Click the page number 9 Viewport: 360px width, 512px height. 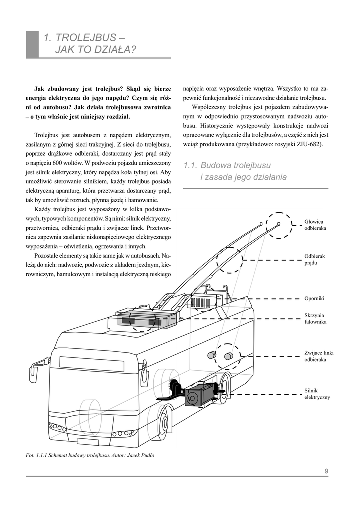coord(326,470)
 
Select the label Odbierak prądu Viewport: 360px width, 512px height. coord(314,259)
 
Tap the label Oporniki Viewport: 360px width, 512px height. coord(314,298)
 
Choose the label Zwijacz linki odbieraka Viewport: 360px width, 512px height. coord(318,356)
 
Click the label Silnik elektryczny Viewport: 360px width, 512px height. coord(317,394)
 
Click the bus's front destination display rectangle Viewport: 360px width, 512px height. coord(92,364)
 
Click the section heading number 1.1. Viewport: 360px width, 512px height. coord(191,165)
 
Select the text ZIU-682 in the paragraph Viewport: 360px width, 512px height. coord(311,144)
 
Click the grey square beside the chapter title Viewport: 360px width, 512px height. coord(32,44)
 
